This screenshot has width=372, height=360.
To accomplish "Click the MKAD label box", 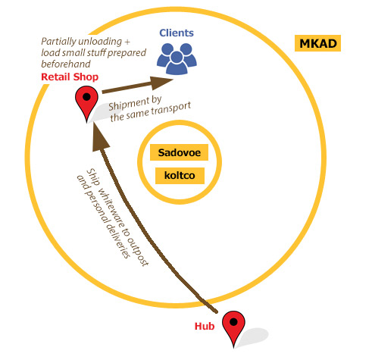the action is (317, 43).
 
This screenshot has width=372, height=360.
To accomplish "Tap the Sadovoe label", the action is (179, 152).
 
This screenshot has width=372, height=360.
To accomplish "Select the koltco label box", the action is (180, 176).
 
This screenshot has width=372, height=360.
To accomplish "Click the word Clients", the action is (177, 33).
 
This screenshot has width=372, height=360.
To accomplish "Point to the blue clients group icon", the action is (177, 58).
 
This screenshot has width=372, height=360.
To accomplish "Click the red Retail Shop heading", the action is (70, 77).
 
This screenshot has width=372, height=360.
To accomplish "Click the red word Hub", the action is (205, 326).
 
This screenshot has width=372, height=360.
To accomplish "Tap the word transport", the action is (172, 109).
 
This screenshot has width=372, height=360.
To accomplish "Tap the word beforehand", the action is (66, 64).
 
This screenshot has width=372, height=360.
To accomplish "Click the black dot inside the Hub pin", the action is (234, 322).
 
